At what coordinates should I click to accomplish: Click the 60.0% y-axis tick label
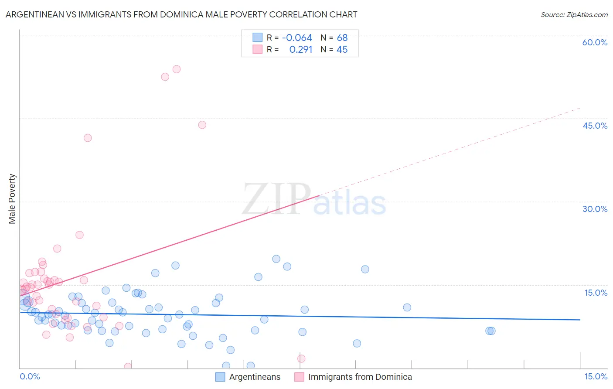pos(595,42)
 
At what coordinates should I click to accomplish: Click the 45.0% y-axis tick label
pos(595,126)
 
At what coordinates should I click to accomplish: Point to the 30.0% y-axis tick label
pos(595,209)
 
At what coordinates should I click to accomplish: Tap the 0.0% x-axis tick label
pos(30,376)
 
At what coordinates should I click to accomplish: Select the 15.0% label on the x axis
pos(596,376)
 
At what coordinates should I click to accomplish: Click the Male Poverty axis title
pos(12,199)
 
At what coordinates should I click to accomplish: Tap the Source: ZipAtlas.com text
pos(574,14)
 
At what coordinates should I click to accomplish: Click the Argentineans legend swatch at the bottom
pos(220,377)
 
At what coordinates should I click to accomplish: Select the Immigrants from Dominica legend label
pos(360,377)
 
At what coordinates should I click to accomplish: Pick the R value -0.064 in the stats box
pos(297,38)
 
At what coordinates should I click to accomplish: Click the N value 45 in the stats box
pos(342,49)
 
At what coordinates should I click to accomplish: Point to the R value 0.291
pos(301,49)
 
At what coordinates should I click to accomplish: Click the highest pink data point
pos(177,69)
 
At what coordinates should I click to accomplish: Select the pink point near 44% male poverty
pos(202,125)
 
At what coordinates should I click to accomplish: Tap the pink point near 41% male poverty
pos(88,138)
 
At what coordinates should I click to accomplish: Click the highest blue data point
pos(276,259)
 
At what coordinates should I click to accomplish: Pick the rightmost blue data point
pos(491,331)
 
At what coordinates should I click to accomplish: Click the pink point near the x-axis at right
pos(301,358)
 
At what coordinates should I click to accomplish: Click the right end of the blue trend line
pos(579,320)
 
